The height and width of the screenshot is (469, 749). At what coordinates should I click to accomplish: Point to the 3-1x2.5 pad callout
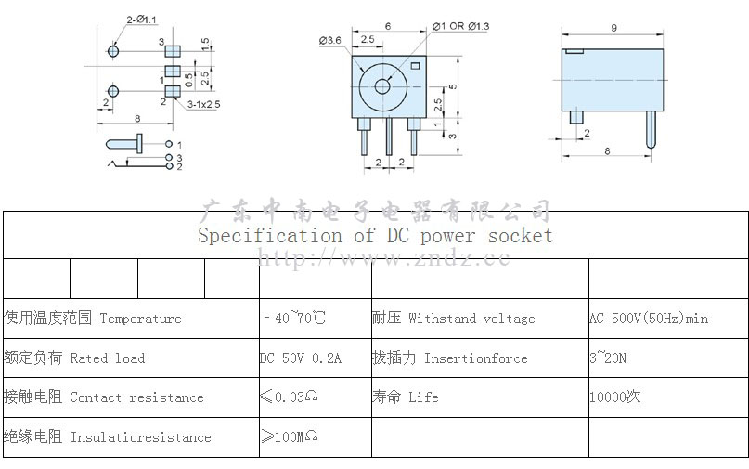click(x=203, y=105)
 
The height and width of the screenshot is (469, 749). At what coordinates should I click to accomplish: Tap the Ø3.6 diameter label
click(x=330, y=40)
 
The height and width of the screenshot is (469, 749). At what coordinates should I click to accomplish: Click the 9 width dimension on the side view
click(x=614, y=28)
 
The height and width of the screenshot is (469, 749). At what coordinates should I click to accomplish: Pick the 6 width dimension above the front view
click(x=387, y=26)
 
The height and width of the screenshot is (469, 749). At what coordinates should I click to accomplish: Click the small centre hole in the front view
click(x=382, y=86)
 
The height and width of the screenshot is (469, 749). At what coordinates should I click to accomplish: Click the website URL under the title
click(x=383, y=258)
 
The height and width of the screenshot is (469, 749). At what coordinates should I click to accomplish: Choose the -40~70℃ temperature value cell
click(x=294, y=319)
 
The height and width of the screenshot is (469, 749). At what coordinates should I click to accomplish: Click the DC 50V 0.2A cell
click(x=301, y=358)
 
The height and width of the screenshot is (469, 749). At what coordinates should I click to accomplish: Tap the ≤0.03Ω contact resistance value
click(x=289, y=397)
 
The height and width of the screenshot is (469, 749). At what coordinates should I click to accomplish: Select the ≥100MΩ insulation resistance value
click(x=289, y=436)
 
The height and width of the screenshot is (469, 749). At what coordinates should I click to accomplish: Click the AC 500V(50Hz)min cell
click(x=649, y=319)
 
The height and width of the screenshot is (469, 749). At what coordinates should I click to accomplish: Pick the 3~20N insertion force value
click(x=608, y=358)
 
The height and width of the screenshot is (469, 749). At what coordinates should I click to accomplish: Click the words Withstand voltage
click(x=471, y=319)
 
